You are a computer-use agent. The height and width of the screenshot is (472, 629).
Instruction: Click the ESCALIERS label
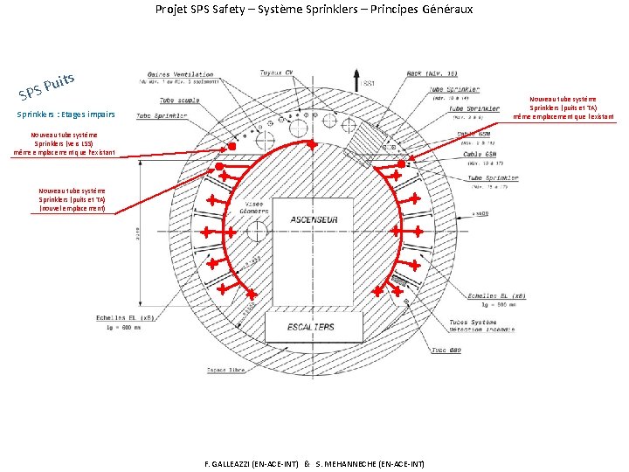click(x=310, y=327)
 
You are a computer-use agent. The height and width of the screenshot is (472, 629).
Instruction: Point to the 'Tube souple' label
click(x=178, y=101)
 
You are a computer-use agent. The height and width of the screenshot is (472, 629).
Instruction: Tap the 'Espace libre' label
click(x=225, y=370)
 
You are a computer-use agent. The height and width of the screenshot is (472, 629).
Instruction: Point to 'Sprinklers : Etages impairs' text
click(x=66, y=115)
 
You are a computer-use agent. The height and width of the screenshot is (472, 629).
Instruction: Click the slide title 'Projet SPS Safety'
click(x=314, y=10)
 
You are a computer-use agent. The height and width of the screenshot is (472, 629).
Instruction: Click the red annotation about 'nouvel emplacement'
click(x=72, y=200)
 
